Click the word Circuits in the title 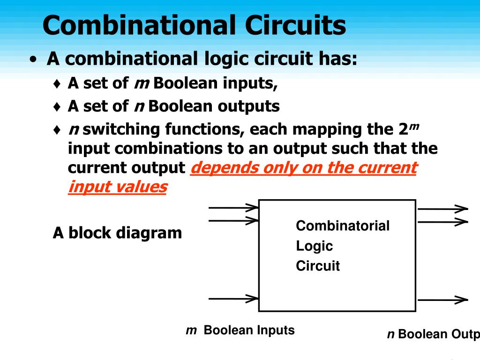[296, 25]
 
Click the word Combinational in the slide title [138, 25]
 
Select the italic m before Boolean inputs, [141, 83]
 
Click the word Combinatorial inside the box [343, 226]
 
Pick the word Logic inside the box [314, 246]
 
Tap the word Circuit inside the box [317, 266]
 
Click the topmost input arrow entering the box [233, 207]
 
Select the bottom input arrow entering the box [233, 298]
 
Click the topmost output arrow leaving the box [442, 209]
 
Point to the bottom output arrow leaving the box [442, 300]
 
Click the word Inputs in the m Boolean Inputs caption [275, 330]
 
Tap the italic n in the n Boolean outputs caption [390, 334]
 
